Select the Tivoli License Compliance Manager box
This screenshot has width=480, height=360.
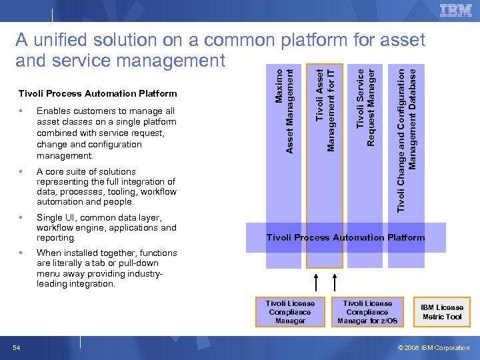[290, 311]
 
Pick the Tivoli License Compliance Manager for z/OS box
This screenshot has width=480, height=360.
[367, 311]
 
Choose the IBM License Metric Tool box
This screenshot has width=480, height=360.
[441, 311]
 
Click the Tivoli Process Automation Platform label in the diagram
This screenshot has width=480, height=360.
[345, 237]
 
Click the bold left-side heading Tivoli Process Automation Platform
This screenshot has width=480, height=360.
[98, 93]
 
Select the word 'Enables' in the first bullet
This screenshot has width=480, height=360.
[53, 111]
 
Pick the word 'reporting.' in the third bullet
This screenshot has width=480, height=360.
[57, 237]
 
